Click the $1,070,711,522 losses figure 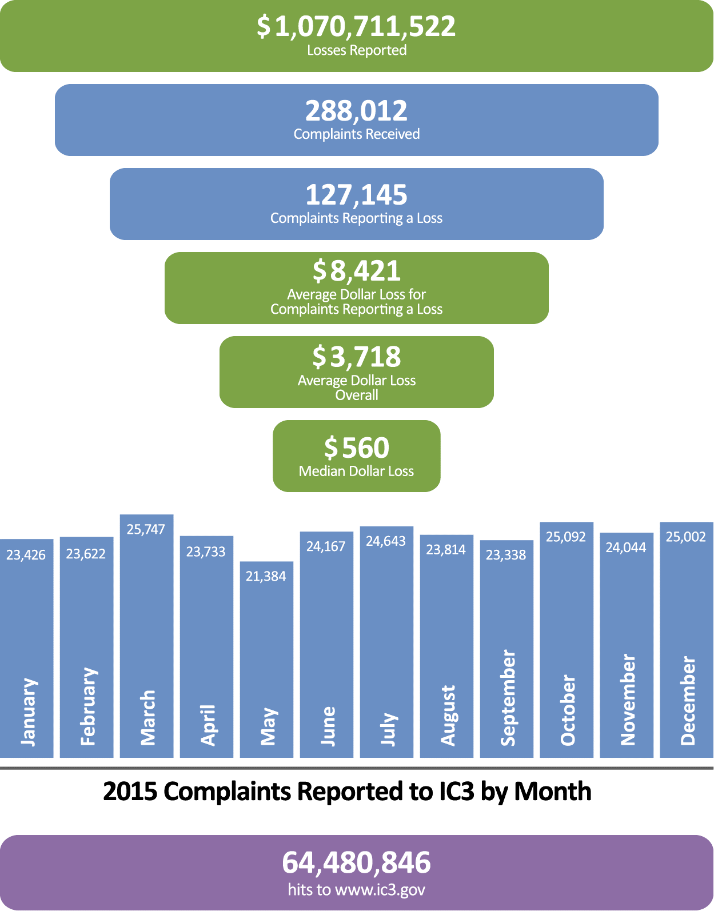point(356,27)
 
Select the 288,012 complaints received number point(356,111)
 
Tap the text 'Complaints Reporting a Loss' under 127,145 point(356,218)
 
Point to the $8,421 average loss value point(356,271)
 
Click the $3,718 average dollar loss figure point(356,357)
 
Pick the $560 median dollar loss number point(356,447)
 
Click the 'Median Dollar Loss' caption point(356,472)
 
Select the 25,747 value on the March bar point(146,529)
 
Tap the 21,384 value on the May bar point(266,576)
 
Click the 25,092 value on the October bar point(565,537)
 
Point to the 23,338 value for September point(506,555)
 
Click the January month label point(28,712)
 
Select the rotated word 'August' point(448,715)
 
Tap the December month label point(688,700)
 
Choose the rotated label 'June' point(328,726)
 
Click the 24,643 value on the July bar point(386,541)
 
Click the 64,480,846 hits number point(356,862)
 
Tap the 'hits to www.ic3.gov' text point(356,890)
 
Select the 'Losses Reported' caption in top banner point(356,50)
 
